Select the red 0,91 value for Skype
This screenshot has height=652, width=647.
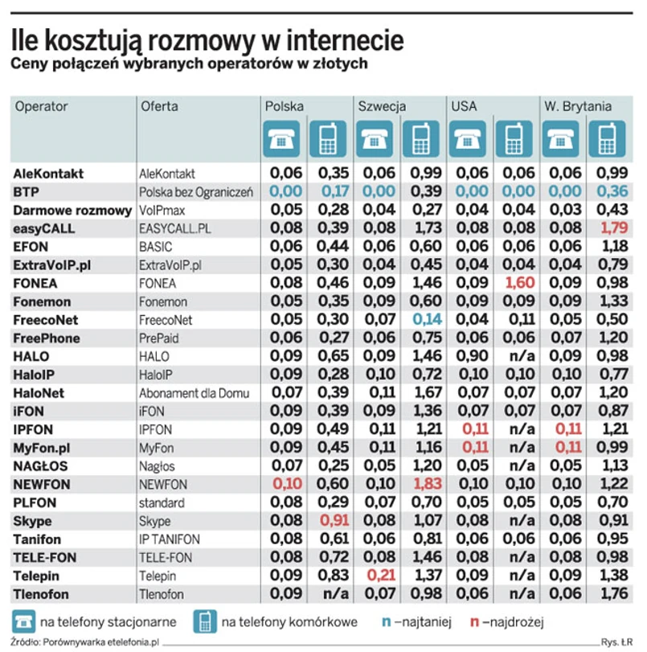pyautogui.click(x=328, y=521)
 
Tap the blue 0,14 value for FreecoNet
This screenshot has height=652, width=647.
pyautogui.click(x=422, y=319)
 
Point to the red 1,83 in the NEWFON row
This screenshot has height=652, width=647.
pyautogui.click(x=422, y=485)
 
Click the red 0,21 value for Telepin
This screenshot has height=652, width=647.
pyautogui.click(x=375, y=576)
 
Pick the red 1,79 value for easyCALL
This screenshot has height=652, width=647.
pyautogui.click(x=608, y=228)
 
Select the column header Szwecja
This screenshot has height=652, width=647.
pyautogui.click(x=382, y=106)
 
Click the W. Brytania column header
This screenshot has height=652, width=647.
pyautogui.click(x=578, y=106)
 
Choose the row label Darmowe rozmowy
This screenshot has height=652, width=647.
pyautogui.click(x=72, y=211)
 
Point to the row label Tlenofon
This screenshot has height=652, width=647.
pyautogui.click(x=41, y=594)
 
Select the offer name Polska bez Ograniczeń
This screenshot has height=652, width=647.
pyautogui.click(x=196, y=192)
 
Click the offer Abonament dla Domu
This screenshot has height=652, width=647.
pyautogui.click(x=195, y=393)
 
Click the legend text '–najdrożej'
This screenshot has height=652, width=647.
pyautogui.click(x=512, y=621)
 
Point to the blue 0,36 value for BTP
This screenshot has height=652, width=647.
pyautogui.click(x=608, y=192)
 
